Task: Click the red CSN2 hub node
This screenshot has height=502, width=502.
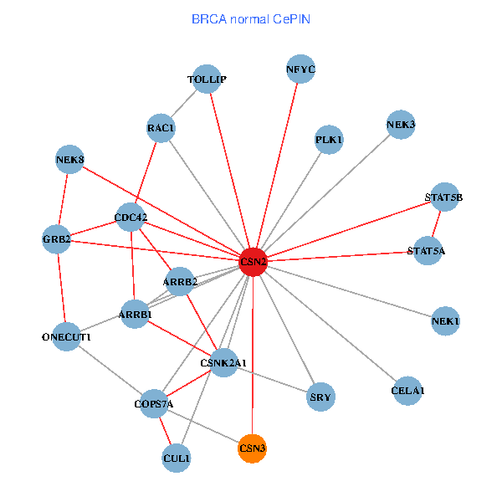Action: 253,262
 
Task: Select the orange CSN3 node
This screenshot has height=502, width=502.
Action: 253,449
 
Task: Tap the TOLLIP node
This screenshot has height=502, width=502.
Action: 207,79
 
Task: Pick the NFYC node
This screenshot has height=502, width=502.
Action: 300,70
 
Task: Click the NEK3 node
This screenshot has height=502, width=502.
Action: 401,125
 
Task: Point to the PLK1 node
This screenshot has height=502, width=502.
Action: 329,140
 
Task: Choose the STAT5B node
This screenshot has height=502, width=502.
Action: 443,197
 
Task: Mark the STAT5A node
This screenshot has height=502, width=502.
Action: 426,251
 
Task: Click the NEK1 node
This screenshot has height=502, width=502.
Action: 446,321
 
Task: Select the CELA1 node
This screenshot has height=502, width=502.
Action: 407,391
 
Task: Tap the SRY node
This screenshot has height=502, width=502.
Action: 320,397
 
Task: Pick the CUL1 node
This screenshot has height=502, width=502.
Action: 177,458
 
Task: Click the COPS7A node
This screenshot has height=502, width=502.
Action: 153,405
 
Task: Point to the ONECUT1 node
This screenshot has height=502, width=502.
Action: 66,337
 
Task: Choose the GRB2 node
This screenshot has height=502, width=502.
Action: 57,240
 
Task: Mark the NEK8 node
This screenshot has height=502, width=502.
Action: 70,159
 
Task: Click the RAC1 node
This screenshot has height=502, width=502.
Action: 161,128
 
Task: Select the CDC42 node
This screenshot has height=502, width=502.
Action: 131,219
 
